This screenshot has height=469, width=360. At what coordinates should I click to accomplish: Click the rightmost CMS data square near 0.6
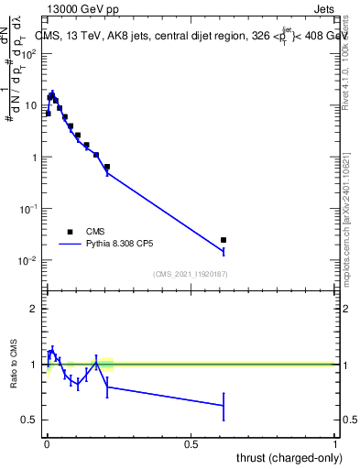224,240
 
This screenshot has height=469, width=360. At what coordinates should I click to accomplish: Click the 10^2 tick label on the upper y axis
29,54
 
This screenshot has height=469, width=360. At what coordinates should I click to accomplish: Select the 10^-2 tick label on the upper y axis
29,261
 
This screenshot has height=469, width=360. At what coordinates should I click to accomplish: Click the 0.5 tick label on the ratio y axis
30,420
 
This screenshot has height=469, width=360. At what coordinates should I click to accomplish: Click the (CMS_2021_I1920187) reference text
190,274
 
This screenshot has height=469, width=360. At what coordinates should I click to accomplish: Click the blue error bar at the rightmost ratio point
224,406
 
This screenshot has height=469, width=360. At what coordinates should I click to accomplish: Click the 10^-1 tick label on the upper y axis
29,209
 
